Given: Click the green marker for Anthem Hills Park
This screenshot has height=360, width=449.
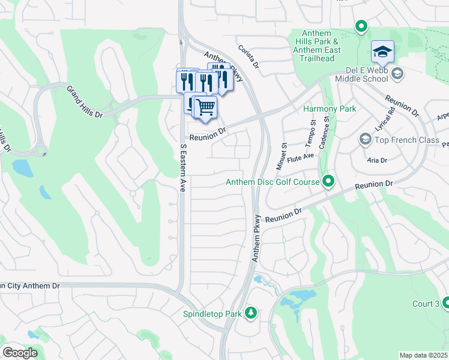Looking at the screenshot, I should [361, 26].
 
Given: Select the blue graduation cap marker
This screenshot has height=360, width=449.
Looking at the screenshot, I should [382, 52].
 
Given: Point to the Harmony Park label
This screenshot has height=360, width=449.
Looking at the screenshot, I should [330, 109].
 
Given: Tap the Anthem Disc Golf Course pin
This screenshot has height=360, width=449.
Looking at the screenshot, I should [328, 181].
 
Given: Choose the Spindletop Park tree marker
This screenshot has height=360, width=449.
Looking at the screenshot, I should [250, 313].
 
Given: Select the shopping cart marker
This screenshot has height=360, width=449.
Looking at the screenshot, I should [206, 107].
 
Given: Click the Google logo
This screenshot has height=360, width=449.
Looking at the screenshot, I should [20, 352].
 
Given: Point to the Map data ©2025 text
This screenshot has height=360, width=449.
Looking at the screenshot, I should [423, 355].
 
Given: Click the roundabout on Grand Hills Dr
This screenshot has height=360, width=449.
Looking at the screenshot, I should [41, 151].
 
